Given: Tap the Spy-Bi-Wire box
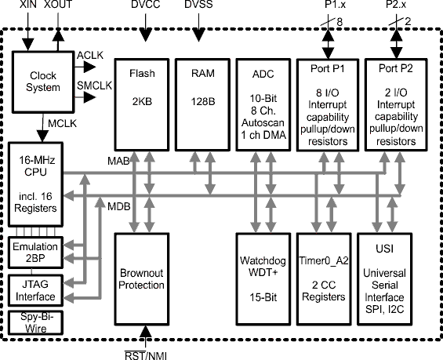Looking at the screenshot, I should [36, 322].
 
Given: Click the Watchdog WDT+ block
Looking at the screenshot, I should [261, 279].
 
